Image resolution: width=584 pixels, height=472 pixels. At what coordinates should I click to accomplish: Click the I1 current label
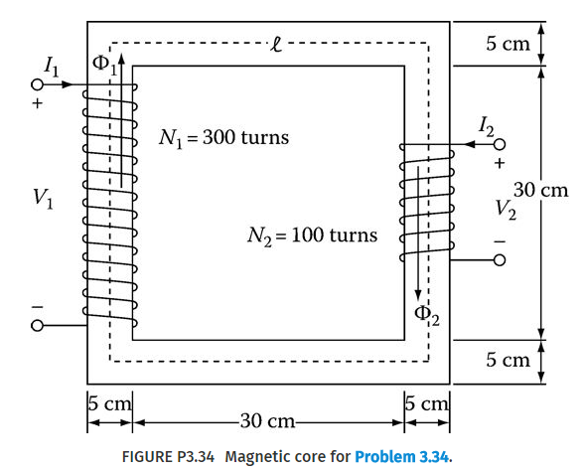click(51, 66)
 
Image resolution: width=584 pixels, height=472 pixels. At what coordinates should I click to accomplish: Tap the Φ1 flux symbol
click(103, 65)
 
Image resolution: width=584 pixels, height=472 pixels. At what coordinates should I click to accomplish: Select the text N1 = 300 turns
click(224, 137)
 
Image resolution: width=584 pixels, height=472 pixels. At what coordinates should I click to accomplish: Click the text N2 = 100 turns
click(312, 236)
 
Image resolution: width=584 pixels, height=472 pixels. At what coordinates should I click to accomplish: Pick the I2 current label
click(485, 125)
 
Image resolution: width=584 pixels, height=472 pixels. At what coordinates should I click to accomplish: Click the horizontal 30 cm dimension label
click(266, 420)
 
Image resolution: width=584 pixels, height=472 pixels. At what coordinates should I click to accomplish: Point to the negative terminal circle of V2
click(500, 260)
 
